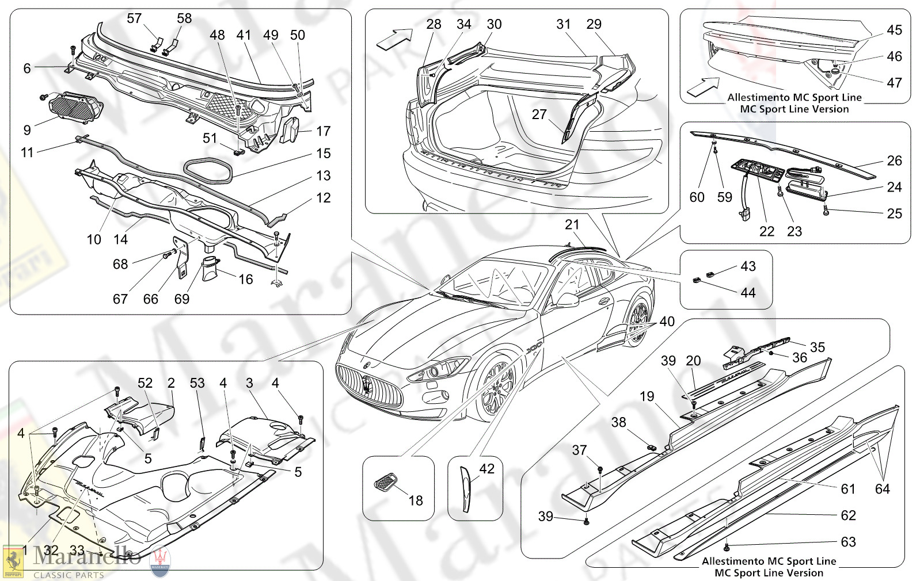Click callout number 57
pos(134,18)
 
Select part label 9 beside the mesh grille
pos(27,130)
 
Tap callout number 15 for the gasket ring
pos(324,154)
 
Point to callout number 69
pos(182,299)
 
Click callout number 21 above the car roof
pos(572,225)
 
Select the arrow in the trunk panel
pos(394,39)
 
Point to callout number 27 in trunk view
pos(539,114)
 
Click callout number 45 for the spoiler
pos(894,30)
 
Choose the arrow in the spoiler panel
pos(703,86)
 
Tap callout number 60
pos(697,197)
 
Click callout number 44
pos(748,293)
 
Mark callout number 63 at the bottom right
pos(848,542)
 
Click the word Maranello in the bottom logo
pos(86,556)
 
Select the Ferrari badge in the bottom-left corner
pos(13,561)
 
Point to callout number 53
pos(197,383)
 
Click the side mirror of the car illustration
pos(568,300)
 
